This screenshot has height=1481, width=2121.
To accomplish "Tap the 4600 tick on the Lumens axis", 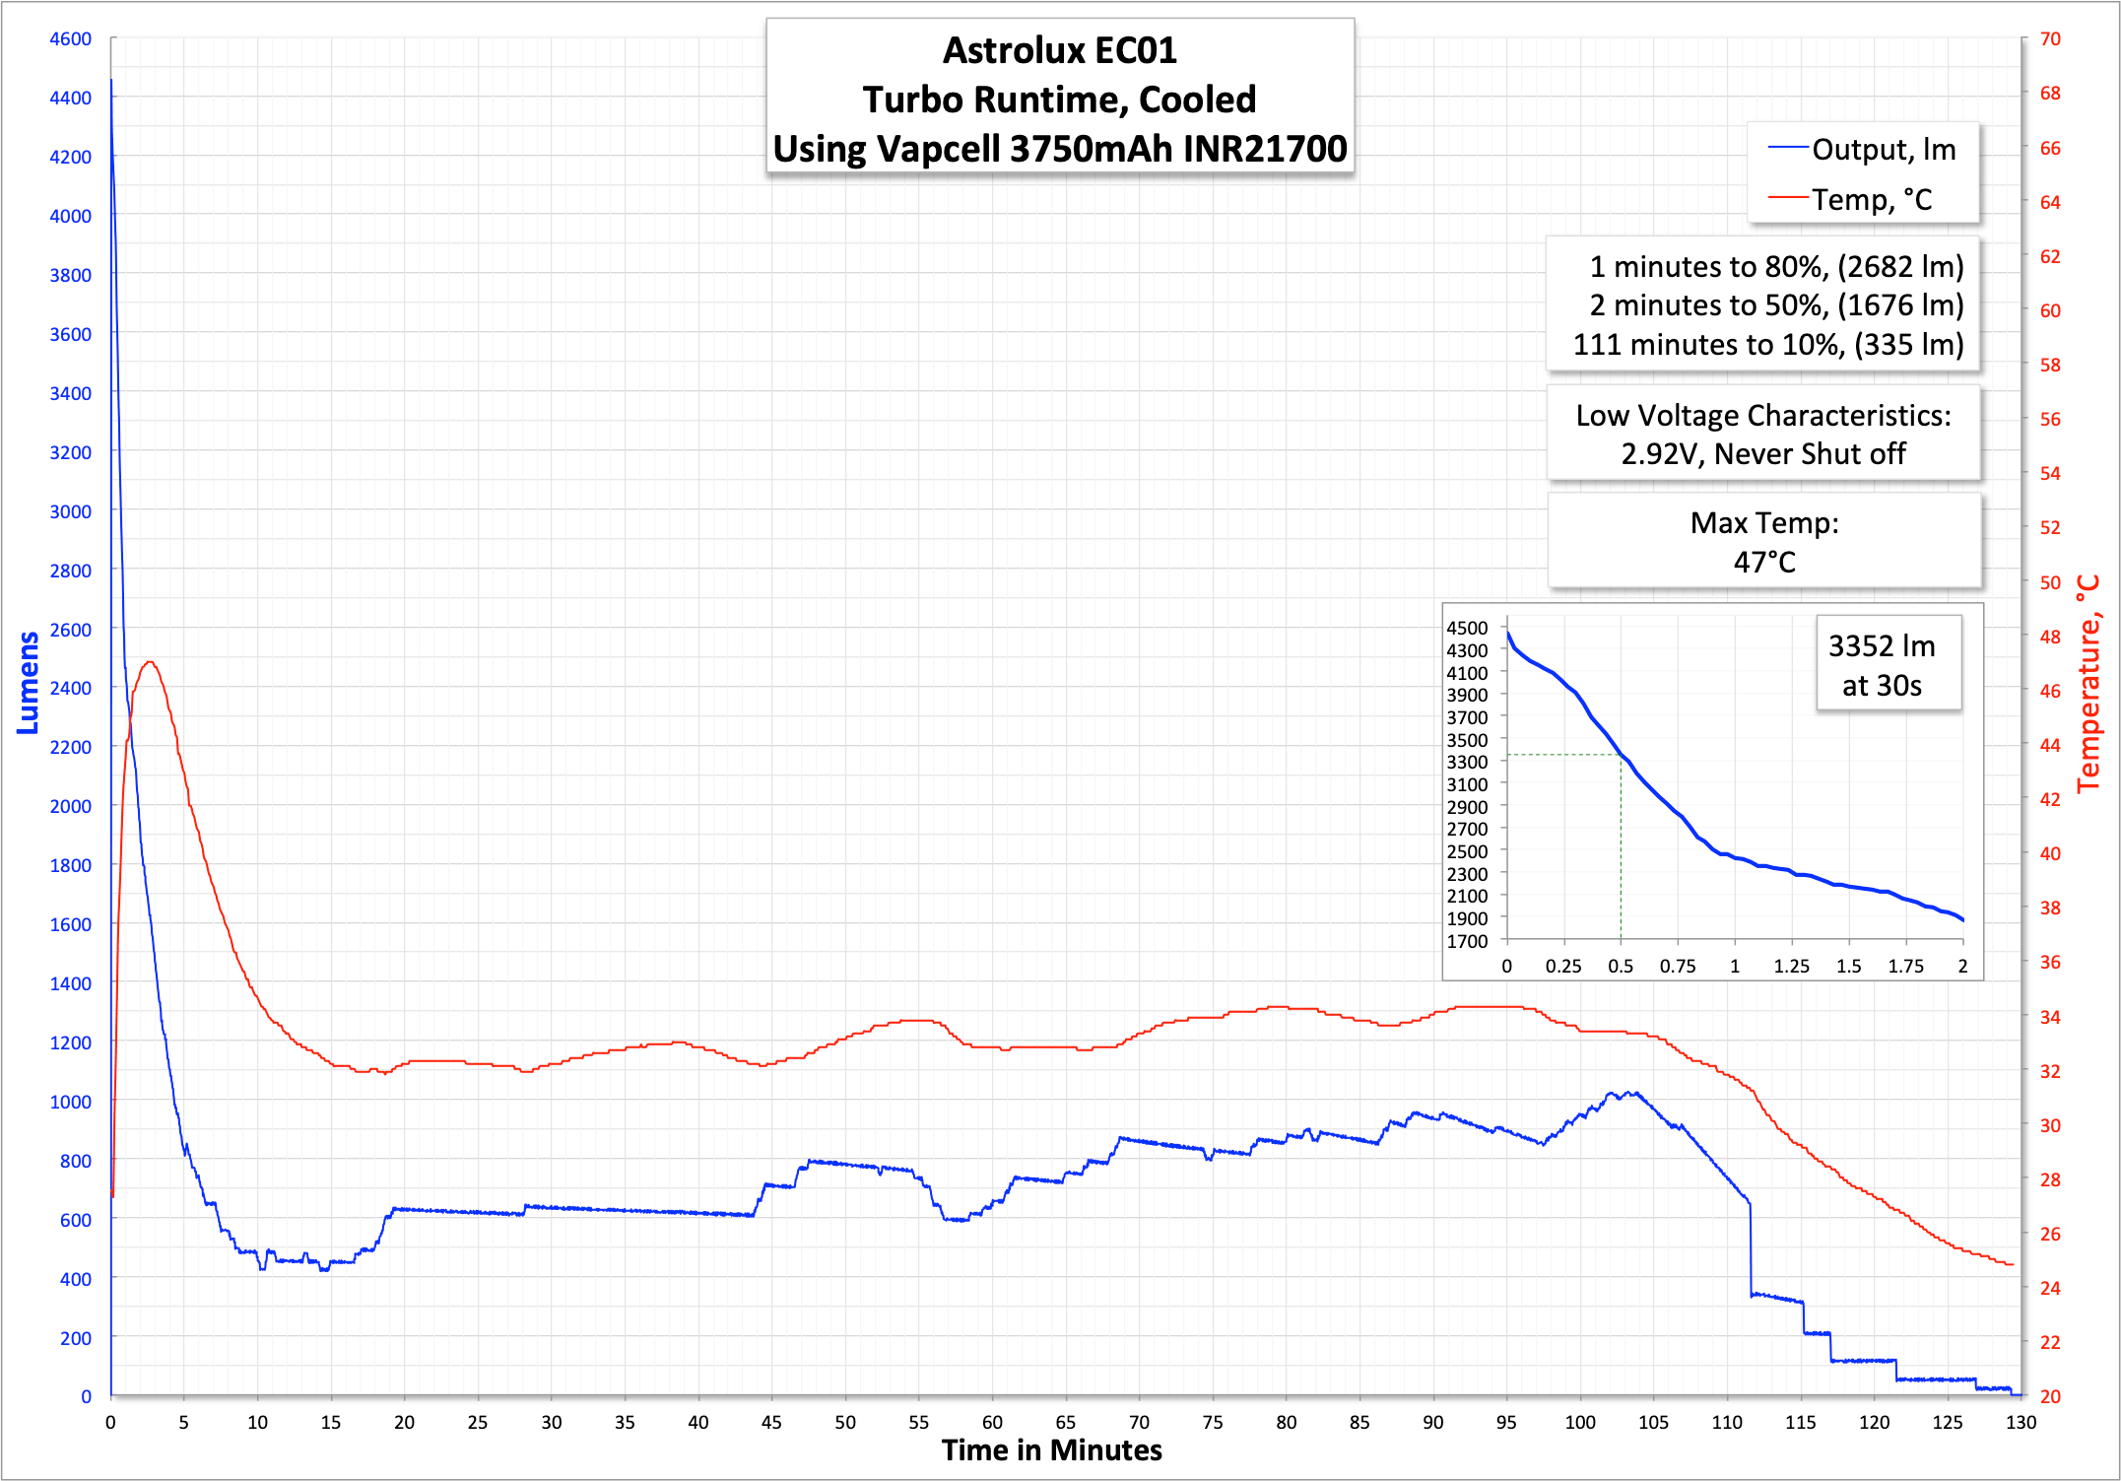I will (x=70, y=39).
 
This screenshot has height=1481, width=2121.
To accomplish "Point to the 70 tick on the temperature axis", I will (x=2050, y=39).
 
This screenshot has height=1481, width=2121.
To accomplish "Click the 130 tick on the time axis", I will (x=2021, y=1422).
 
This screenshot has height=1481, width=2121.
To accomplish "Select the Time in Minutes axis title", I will (x=1051, y=1450).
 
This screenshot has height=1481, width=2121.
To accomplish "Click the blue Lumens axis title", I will (x=28, y=683).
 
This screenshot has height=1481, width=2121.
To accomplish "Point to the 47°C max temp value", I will (x=1764, y=563).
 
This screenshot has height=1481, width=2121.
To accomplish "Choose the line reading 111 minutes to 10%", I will (x=1767, y=345).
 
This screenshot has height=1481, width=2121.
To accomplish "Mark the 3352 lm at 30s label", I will (x=1882, y=665).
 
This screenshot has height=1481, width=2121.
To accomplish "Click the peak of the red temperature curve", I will (x=149, y=662).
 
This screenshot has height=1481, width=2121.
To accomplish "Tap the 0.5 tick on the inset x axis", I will (x=1621, y=967).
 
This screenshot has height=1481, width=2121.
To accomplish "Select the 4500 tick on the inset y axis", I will (x=1467, y=629).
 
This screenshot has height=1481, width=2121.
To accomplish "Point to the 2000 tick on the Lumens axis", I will (x=70, y=806).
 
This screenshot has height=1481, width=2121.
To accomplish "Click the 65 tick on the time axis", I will (x=1066, y=1422).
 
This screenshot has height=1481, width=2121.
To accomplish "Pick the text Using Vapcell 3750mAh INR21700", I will (x=1060, y=149).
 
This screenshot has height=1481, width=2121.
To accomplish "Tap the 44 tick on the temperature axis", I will (x=2050, y=746).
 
